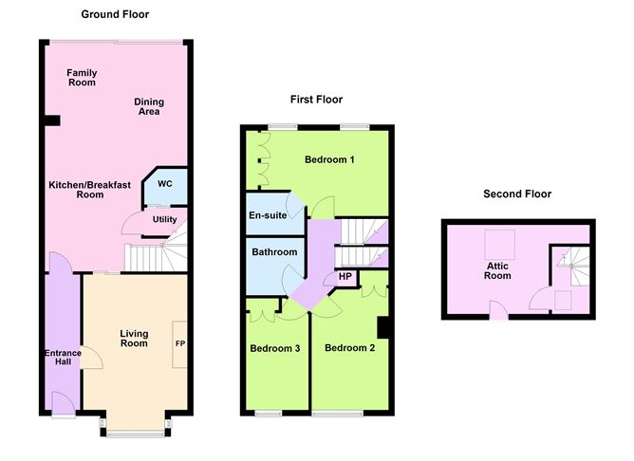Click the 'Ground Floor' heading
(115, 14)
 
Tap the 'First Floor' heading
(316, 100)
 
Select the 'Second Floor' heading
(517, 194)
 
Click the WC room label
(165, 184)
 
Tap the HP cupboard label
(345, 277)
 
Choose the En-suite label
(268, 215)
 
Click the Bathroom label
(274, 252)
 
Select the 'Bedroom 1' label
(329, 159)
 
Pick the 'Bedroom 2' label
(349, 348)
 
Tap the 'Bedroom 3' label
(275, 348)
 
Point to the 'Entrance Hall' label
(64, 360)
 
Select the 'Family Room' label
(82, 78)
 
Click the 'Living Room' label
(134, 338)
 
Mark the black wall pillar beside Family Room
(52, 120)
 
